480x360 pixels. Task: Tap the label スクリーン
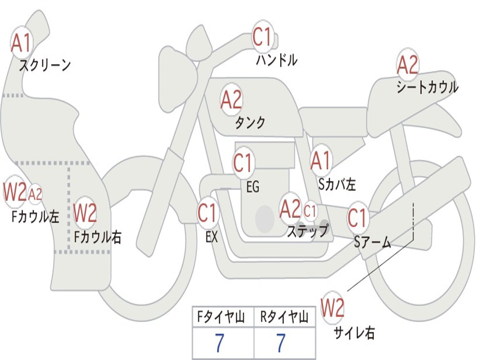click(45, 65)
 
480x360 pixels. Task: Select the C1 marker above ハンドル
click(262, 37)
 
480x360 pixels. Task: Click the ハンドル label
click(277, 60)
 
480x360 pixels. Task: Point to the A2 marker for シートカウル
click(407, 65)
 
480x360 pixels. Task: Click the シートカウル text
click(427, 87)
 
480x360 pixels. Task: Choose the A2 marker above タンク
click(231, 99)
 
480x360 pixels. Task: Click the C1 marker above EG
click(243, 163)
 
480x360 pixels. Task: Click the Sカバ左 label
click(337, 184)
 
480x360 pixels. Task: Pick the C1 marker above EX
click(208, 213)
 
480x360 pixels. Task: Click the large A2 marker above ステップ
click(290, 209)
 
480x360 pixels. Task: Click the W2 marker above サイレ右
click(332, 308)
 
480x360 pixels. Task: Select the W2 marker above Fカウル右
click(85, 213)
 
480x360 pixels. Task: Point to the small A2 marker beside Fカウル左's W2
click(35, 194)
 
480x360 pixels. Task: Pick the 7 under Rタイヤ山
click(281, 343)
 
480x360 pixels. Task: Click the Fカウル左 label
click(35, 216)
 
